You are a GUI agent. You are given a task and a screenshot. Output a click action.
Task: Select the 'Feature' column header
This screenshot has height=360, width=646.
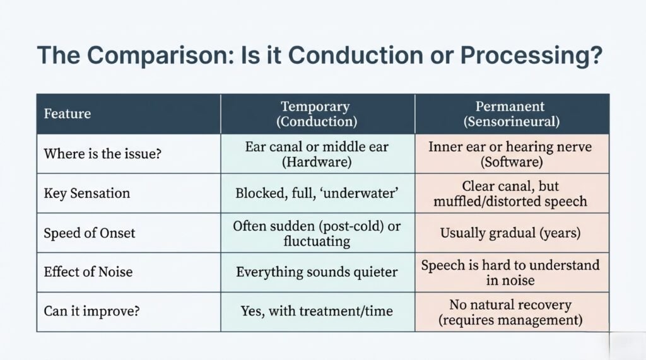[68, 114]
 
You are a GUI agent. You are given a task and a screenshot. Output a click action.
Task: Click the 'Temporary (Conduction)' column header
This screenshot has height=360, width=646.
[318, 113]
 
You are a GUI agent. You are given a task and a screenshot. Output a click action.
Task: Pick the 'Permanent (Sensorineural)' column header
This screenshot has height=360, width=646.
[512, 113]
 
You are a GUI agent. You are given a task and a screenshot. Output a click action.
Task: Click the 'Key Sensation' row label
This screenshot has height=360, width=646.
[86, 194]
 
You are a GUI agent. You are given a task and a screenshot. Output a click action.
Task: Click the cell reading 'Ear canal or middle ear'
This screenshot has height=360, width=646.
[317, 147]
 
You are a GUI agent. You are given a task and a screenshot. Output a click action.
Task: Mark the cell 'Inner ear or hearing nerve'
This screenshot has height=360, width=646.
[512, 147]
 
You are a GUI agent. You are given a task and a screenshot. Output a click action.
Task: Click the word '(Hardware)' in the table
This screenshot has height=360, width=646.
[317, 161]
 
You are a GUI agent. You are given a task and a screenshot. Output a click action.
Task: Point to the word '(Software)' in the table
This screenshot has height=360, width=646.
[512, 161]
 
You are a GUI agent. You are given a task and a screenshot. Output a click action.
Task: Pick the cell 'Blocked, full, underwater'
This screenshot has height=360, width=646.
[317, 194]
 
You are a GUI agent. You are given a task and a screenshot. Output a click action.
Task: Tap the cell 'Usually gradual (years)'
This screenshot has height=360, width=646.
[512, 233]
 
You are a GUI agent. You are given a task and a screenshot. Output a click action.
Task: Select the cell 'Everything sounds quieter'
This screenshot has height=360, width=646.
[317, 272]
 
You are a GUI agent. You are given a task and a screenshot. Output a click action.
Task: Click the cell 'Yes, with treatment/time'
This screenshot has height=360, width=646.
[317, 311]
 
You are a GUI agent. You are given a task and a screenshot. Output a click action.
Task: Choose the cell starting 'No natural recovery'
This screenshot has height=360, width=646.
[512, 311]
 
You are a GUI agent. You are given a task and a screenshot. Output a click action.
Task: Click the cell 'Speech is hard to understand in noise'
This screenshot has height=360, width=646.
[512, 272]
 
